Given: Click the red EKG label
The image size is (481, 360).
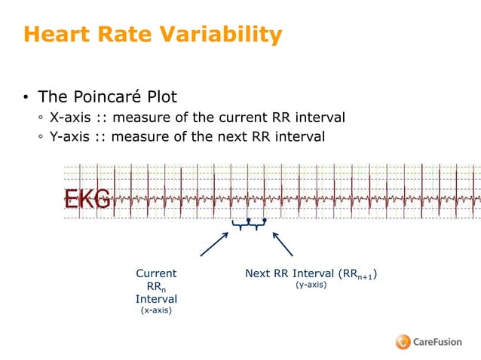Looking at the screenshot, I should pyautogui.click(x=87, y=200).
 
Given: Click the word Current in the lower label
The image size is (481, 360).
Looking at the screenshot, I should pyautogui.click(x=156, y=273).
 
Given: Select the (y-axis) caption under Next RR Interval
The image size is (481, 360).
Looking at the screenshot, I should pyautogui.click(x=311, y=285).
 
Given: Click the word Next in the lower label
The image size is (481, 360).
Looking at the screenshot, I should pyautogui.click(x=258, y=273).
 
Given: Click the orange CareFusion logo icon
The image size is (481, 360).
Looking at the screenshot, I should pyautogui.click(x=403, y=342).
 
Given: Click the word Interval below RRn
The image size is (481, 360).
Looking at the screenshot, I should pyautogui.click(x=156, y=299).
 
